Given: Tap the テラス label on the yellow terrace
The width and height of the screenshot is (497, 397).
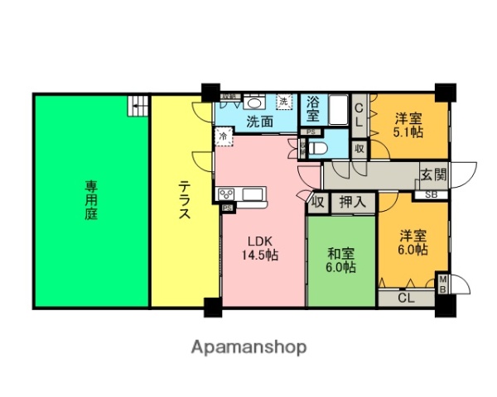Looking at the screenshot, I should click(x=184, y=199).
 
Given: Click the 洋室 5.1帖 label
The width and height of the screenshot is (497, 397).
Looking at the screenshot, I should click(x=408, y=124).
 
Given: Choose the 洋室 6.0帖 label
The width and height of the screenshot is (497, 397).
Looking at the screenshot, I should click(x=411, y=241).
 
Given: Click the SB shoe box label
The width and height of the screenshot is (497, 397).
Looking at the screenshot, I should click(x=432, y=195).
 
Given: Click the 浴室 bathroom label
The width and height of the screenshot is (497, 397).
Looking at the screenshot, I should click(x=313, y=110).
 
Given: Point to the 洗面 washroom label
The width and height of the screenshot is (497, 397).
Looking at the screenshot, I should click(x=259, y=121).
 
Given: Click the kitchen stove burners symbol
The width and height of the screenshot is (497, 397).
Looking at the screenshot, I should click(x=227, y=194).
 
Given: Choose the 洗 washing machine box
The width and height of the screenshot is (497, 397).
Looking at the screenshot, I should click(x=284, y=102).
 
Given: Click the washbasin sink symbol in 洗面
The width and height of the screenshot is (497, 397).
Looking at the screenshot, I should click(x=254, y=103).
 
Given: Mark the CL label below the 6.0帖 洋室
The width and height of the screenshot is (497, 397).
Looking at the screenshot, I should click(x=406, y=298).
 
